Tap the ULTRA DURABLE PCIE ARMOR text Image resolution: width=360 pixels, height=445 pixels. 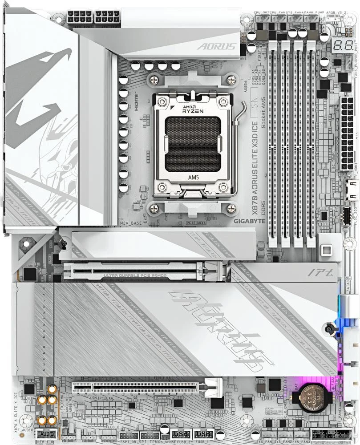pos(135,276)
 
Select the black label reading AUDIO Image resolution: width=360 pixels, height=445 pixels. pos(46,434)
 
